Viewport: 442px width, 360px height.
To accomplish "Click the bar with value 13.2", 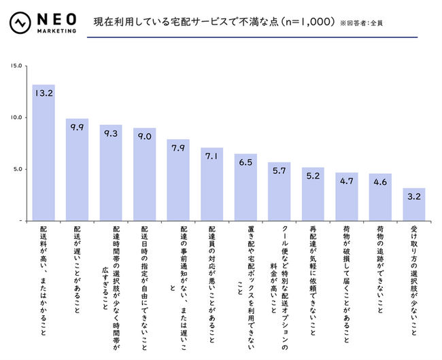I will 44,153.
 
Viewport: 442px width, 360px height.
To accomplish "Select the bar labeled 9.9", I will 77,170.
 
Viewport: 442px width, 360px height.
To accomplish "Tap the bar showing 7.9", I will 178,180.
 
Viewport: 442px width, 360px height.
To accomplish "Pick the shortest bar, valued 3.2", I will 414,204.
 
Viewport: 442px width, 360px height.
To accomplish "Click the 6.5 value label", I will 245,164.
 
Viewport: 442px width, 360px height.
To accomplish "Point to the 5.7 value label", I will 279,172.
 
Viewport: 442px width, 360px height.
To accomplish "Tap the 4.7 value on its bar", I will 347,182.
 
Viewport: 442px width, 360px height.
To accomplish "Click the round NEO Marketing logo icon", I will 19,24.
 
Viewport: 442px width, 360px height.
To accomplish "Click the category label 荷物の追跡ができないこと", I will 380,271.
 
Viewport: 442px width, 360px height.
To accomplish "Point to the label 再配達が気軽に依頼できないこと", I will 313,278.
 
